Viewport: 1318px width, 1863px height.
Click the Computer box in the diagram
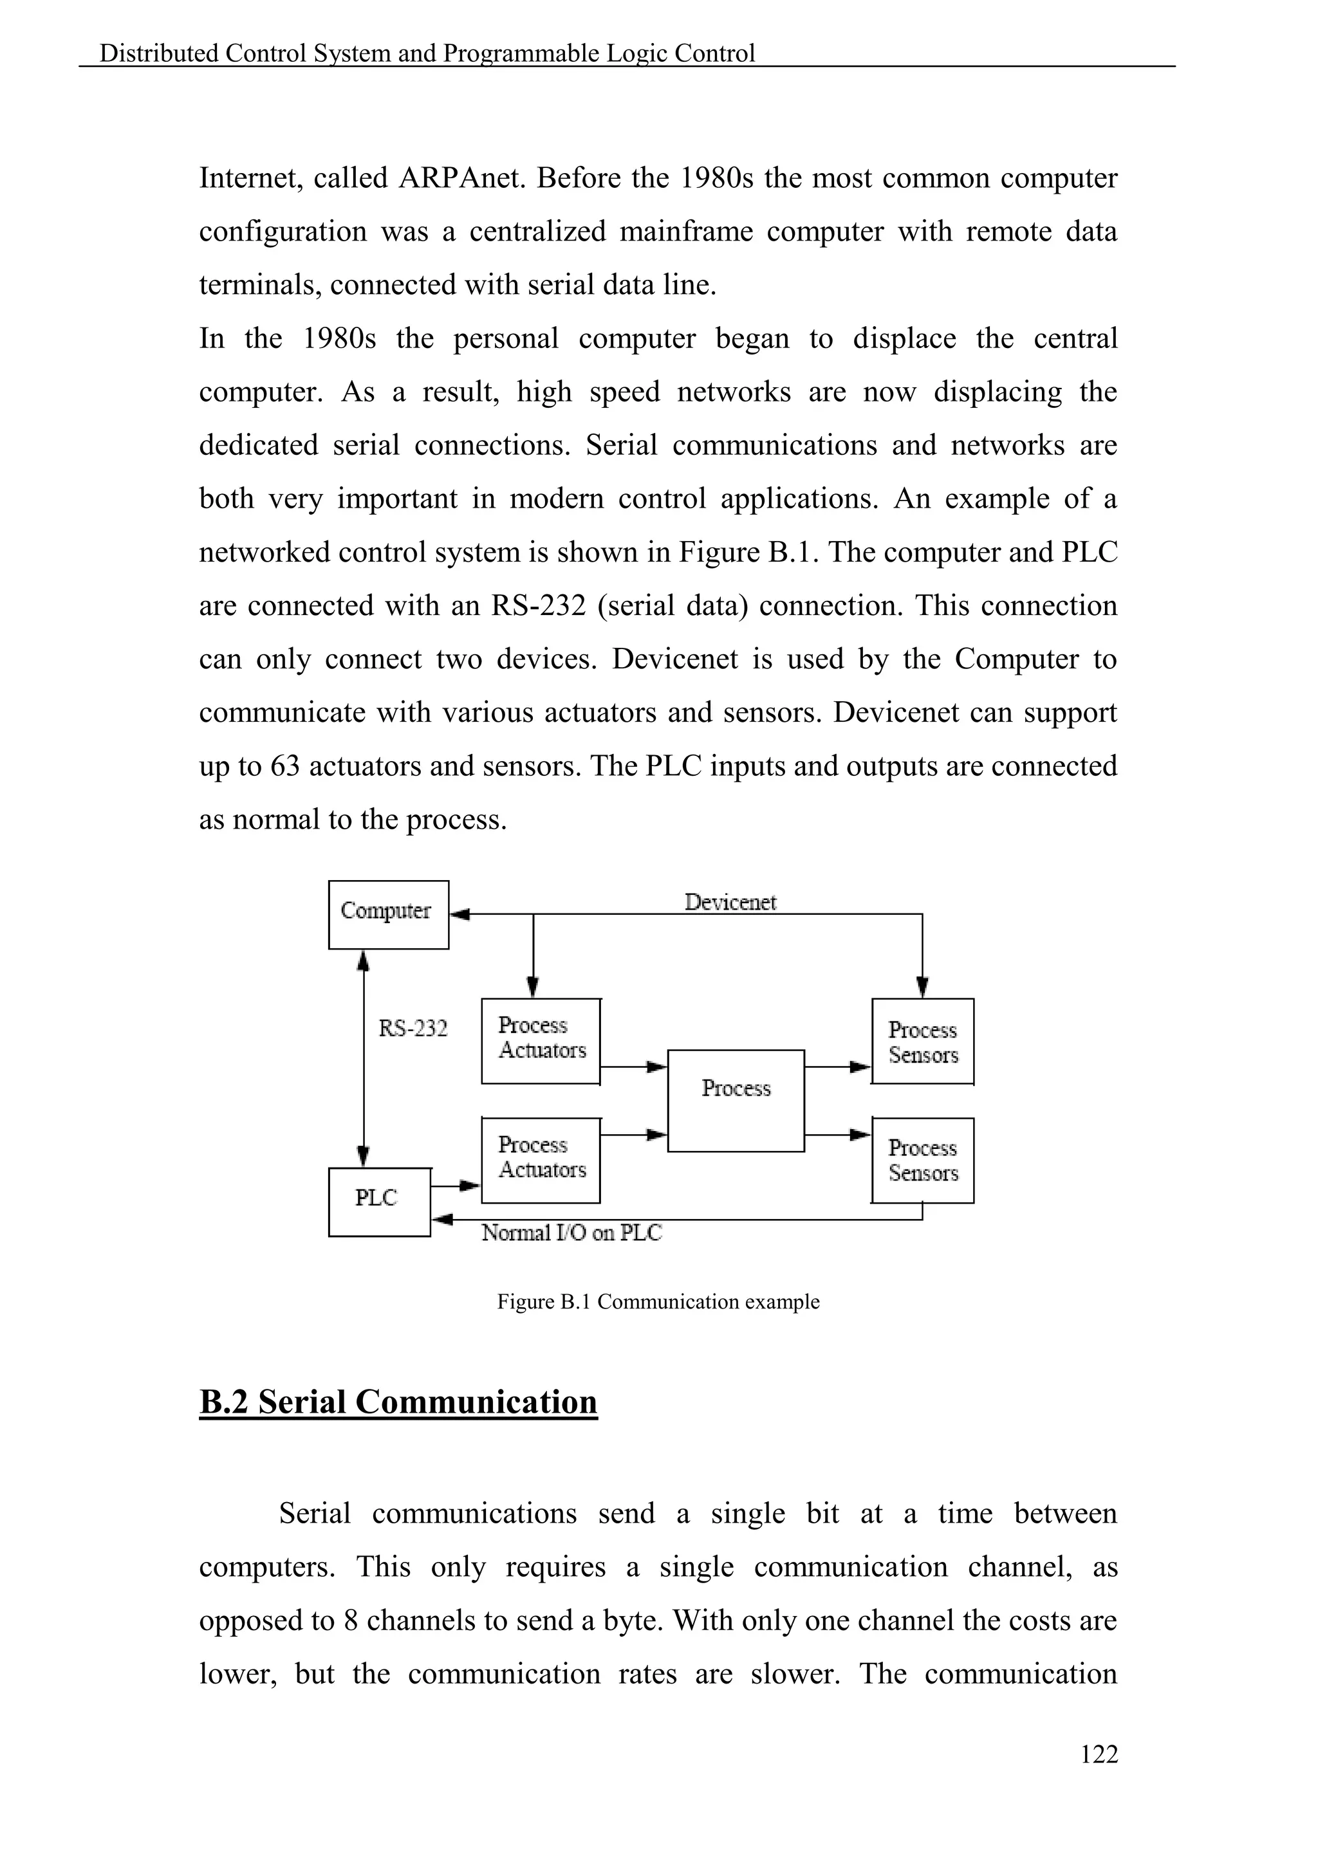(x=388, y=915)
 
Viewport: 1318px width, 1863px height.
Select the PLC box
(x=379, y=1202)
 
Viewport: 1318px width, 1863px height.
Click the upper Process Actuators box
(x=541, y=1041)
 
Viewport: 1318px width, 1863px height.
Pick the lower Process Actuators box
(x=541, y=1161)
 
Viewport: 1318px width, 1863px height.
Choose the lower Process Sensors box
(x=923, y=1161)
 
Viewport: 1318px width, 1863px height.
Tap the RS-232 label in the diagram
(x=413, y=1029)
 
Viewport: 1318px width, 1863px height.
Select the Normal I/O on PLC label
(x=571, y=1233)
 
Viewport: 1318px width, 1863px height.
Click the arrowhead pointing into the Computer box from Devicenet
(x=459, y=915)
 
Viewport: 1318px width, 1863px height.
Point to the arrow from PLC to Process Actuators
(x=467, y=1186)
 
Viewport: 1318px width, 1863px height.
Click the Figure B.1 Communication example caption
(x=658, y=1301)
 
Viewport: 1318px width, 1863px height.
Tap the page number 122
(x=1099, y=1754)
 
